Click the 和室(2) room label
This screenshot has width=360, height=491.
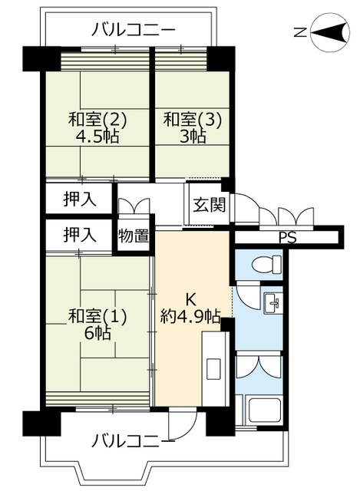coord(97,120)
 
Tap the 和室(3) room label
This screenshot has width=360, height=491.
coord(193,120)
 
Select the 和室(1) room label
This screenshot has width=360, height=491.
coord(97,316)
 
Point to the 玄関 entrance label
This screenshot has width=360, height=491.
coord(210,205)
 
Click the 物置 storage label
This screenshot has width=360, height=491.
coord(134,236)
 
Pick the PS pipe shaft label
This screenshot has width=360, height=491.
coord(288,238)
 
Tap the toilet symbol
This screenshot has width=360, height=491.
coord(266,264)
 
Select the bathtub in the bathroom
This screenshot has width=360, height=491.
coord(264,410)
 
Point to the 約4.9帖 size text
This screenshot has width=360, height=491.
coord(190,317)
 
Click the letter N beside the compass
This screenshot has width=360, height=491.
coord(300,32)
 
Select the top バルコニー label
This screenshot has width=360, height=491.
coord(133,31)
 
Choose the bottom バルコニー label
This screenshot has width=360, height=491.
coord(133,443)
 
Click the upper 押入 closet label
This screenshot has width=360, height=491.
coord(80,199)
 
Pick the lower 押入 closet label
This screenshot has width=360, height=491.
coord(80,235)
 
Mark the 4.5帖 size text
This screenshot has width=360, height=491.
coord(97,137)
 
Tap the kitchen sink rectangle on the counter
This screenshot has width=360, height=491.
coord(214,370)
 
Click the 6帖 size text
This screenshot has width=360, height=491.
coord(97,334)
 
